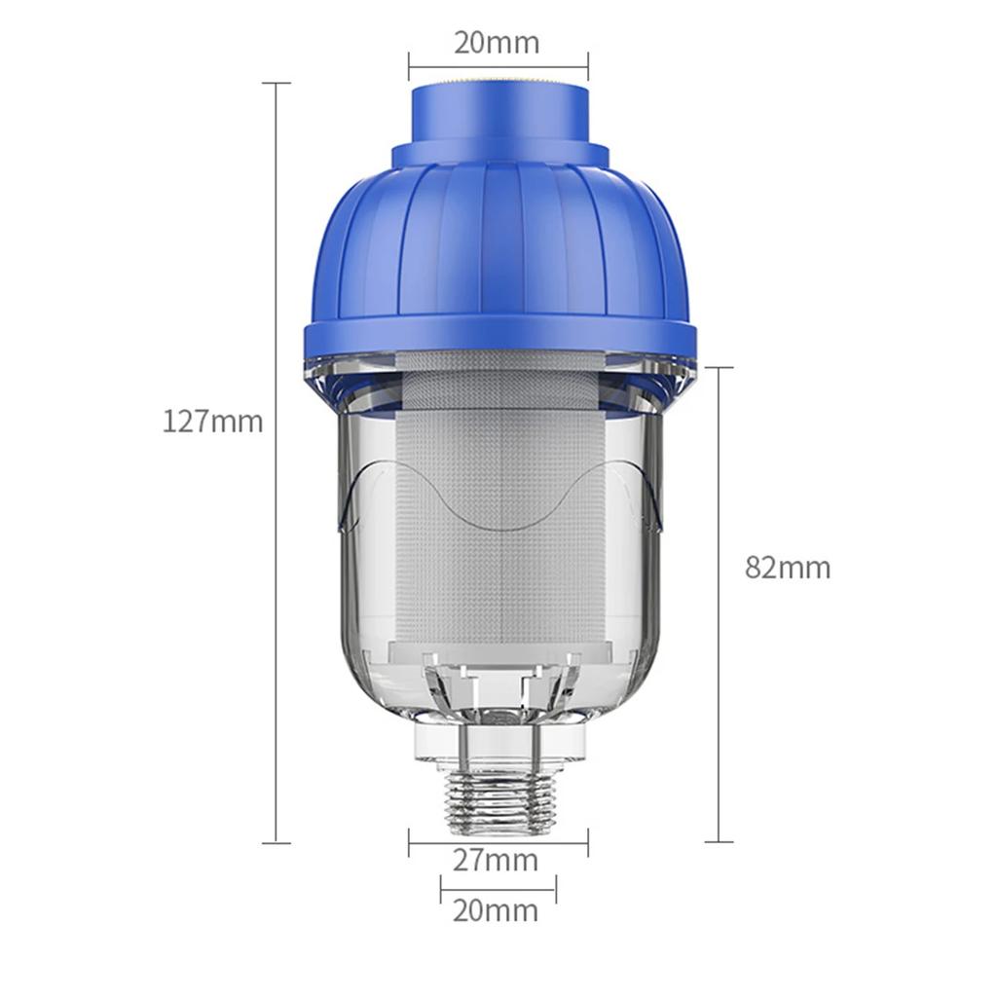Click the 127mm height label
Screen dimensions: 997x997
tap(212, 422)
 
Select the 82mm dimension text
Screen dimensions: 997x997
tap(788, 568)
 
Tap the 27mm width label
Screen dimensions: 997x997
tap(497, 861)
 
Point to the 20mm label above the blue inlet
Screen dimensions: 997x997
tap(497, 43)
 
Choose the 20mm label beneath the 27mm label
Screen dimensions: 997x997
tap(496, 911)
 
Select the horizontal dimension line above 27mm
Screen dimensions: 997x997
tap(498, 842)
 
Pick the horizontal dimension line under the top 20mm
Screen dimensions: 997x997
tap(498, 67)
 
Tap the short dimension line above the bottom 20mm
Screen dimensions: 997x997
tap(498, 888)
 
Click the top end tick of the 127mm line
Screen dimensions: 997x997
tap(277, 84)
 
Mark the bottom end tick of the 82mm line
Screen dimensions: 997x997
tap(719, 842)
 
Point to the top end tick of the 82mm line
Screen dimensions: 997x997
tap(719, 367)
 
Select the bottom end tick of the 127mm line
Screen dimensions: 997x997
tap(277, 842)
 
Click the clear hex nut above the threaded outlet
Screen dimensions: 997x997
tap(498, 741)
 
